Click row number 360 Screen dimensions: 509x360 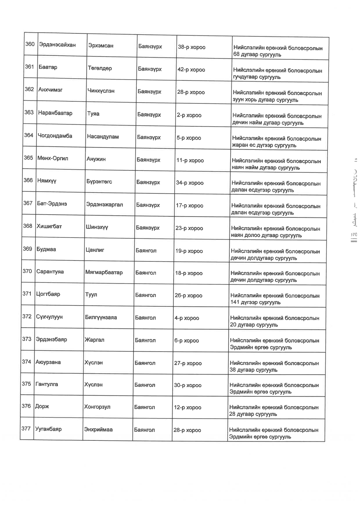click(30, 44)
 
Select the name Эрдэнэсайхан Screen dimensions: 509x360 click(57, 45)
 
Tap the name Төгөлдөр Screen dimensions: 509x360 click(100, 68)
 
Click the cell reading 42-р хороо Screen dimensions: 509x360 click(191, 70)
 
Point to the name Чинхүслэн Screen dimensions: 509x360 click(101, 91)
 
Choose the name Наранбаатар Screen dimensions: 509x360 click(55, 113)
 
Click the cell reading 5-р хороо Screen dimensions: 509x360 click(189, 138)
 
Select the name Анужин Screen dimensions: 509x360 click(96, 159)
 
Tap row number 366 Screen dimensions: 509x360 click(28, 180)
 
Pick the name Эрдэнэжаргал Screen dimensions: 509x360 click(105, 204)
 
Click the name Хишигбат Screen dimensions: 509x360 click(49, 226)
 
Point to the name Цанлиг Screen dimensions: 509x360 click(95, 250)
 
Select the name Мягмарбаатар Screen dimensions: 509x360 click(104, 272)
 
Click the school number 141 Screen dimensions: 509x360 click(235, 302)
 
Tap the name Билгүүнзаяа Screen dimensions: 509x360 click(101, 317)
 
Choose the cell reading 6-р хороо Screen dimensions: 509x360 click(186, 341)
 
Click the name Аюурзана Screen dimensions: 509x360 click(48, 362)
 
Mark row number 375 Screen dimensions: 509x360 click(26, 384)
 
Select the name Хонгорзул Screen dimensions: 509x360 click(97, 407)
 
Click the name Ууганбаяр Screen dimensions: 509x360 click(48, 429)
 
